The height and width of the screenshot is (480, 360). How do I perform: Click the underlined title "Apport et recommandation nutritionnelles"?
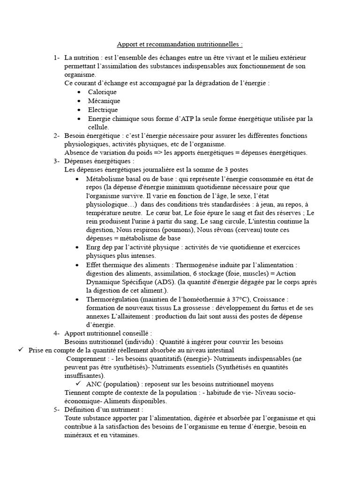click(180, 45)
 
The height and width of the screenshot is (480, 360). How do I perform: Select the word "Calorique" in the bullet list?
click(102, 92)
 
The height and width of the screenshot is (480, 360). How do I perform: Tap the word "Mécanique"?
click(104, 101)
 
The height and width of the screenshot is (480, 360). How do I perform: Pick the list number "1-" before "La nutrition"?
click(56, 57)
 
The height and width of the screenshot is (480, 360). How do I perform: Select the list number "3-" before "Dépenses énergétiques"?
click(56, 161)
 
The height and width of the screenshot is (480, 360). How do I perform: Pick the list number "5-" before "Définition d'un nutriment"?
click(56, 409)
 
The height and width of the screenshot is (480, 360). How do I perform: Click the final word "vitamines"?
click(122, 435)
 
